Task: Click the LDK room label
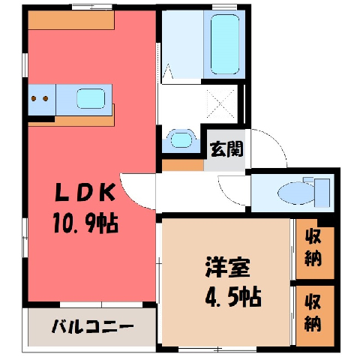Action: pyautogui.click(x=85, y=193)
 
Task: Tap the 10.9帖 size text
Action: pyautogui.click(x=85, y=223)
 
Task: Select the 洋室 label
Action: pyautogui.click(x=227, y=267)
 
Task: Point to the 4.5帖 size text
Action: pyautogui.click(x=233, y=297)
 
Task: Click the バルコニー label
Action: pyautogui.click(x=92, y=327)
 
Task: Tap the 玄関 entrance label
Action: pyautogui.click(x=226, y=149)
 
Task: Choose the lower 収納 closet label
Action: pyautogui.click(x=313, y=312)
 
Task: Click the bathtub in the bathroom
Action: pyautogui.click(x=225, y=44)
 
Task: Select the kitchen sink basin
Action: pyautogui.click(x=91, y=98)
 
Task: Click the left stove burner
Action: pyautogui.click(x=34, y=98)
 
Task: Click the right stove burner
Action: pyautogui.click(x=45, y=98)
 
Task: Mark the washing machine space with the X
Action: pyautogui.click(x=221, y=103)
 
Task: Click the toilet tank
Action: pyautogui.click(x=322, y=193)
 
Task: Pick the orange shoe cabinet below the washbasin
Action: pyautogui.click(x=183, y=165)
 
